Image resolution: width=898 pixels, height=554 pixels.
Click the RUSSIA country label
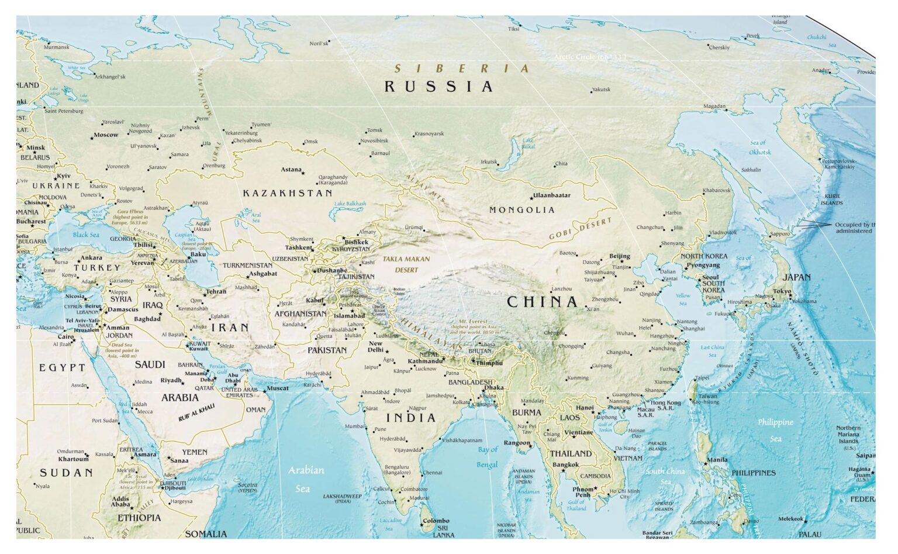tap(438, 87)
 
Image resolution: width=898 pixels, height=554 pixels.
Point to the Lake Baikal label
tap(528, 143)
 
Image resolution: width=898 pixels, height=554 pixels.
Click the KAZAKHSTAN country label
tap(288, 192)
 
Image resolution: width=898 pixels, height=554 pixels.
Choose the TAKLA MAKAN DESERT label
tap(406, 264)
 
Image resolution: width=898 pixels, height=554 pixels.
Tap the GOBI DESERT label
tap(581, 229)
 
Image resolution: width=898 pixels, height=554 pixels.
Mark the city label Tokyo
tap(782, 291)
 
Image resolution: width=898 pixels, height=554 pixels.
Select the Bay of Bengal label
tap(487, 457)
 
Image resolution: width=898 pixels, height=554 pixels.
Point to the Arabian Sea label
tap(305, 479)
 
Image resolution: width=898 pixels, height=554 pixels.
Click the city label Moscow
tap(106, 135)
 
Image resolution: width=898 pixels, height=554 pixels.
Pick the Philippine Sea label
tap(775, 430)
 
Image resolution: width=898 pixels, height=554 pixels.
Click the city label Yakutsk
tap(600, 90)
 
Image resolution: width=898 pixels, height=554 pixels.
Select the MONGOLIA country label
tap(521, 210)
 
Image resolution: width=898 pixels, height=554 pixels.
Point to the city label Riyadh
tap(171, 380)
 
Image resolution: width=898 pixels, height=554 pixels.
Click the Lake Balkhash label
tap(350, 204)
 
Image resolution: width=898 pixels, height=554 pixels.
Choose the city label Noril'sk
tap(319, 43)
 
